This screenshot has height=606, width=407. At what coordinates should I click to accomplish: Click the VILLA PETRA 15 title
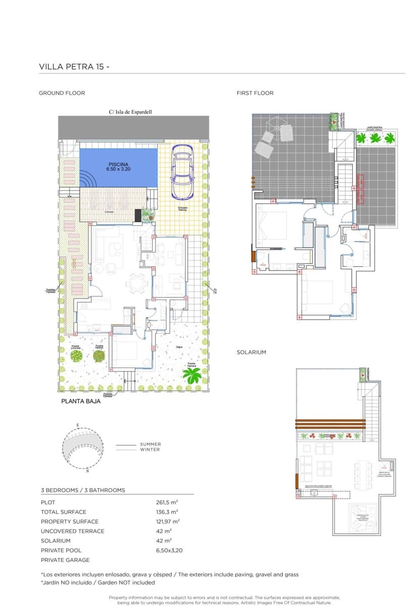pos(74,67)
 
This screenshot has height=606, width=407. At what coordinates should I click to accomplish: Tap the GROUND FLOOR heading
pos(62,93)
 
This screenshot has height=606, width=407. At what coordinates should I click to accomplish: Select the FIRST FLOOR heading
pos(255,93)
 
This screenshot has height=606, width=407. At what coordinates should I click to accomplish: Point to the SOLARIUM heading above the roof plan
pos(251,352)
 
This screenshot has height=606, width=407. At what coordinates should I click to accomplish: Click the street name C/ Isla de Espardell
pos(130,112)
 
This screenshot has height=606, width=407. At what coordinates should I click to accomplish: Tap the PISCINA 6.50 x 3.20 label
pos(118,167)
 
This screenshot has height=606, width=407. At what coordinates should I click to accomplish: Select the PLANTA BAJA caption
pos(81,401)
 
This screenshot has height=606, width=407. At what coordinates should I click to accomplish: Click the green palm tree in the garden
pos(191,375)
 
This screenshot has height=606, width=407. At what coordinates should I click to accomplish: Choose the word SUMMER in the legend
pos(150,444)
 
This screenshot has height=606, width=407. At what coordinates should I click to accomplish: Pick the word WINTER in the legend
pos(150,449)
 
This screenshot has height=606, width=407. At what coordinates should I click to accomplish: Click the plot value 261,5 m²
pos(167,502)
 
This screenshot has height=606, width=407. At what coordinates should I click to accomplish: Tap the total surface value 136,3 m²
pos(167,512)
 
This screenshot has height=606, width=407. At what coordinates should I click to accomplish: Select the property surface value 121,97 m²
pos(168,522)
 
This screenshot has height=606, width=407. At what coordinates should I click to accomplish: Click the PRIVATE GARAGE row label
pos(65,560)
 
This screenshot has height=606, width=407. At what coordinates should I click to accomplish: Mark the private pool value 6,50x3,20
pos(169,550)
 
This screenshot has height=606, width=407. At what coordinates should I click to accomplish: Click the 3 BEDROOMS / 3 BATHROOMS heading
pos(83,490)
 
